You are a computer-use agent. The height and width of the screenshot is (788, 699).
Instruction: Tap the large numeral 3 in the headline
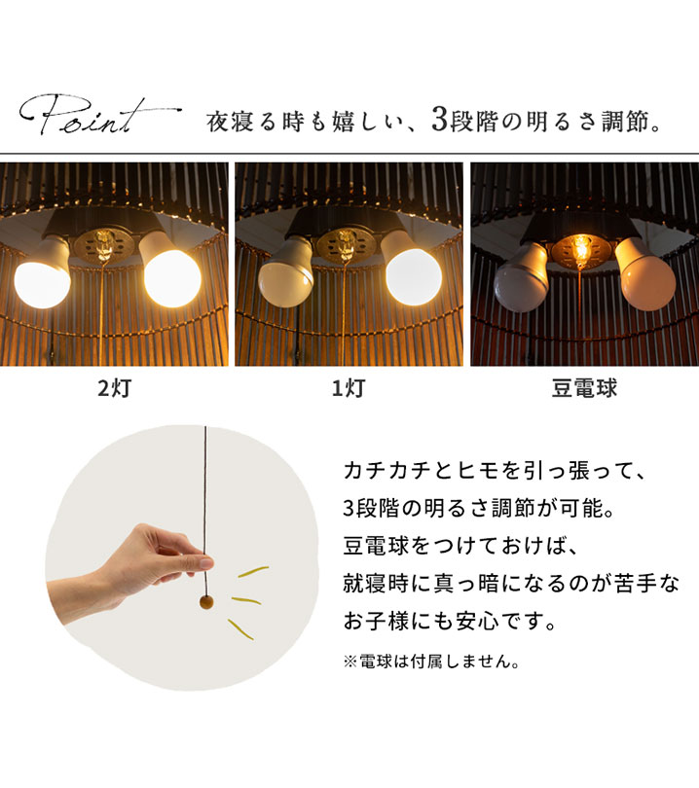(439, 120)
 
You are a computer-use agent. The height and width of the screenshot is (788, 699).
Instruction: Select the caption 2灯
(115, 388)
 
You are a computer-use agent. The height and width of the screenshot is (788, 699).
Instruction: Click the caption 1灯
(349, 388)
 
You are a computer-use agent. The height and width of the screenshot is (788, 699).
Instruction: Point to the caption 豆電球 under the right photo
(584, 388)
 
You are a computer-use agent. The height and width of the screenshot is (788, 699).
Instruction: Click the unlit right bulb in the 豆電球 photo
(646, 276)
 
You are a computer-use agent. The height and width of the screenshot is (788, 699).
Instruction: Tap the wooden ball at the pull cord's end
(206, 601)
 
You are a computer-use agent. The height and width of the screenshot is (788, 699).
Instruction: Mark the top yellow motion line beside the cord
(253, 572)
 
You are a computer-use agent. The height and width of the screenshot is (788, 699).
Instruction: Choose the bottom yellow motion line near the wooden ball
(240, 629)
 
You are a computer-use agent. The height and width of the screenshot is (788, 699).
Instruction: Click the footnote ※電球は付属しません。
(431, 662)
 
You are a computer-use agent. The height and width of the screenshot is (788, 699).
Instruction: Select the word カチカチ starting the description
(387, 471)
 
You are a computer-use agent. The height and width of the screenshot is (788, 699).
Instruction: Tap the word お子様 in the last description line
(377, 621)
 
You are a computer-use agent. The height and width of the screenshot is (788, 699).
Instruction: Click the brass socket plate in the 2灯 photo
(104, 246)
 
